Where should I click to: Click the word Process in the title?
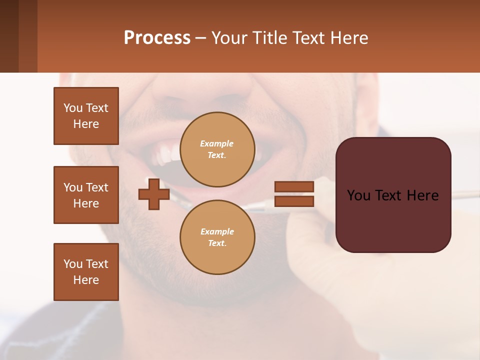157,38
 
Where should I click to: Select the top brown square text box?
86,116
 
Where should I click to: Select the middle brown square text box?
86,195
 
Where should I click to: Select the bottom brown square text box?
86,272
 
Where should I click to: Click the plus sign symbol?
154,194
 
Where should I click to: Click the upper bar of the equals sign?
294,186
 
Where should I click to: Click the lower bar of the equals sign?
294,201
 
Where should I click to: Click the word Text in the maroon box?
392,195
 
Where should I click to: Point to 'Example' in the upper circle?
216,143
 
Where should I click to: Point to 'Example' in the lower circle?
216,231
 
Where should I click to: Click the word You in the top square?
72,108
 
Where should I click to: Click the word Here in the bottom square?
86,280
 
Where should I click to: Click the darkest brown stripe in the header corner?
9,36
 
